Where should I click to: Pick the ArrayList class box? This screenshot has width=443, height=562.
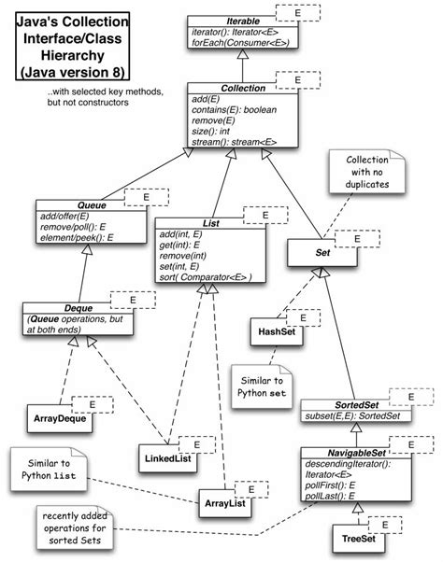tap(224, 504)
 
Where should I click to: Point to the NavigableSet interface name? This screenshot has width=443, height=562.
tap(346, 453)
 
